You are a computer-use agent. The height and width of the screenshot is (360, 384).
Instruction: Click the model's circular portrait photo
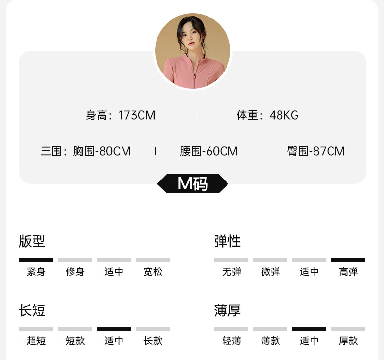click(192, 51)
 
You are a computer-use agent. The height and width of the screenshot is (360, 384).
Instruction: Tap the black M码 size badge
click(192, 183)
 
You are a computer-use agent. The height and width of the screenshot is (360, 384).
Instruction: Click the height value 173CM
click(137, 115)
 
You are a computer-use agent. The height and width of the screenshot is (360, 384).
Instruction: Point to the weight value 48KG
click(284, 115)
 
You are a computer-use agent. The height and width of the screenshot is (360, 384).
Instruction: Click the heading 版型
click(32, 241)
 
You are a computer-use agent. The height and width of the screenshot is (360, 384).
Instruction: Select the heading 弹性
click(227, 241)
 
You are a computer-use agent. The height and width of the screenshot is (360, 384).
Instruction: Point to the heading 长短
click(32, 310)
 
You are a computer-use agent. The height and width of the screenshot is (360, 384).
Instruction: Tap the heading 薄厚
click(227, 310)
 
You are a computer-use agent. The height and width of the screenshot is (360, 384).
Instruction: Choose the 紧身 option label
click(36, 272)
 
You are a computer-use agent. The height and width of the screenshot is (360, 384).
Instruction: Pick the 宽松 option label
click(153, 272)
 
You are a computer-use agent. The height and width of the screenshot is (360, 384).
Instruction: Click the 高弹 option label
click(348, 272)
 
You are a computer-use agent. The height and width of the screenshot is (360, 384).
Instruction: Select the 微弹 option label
click(270, 272)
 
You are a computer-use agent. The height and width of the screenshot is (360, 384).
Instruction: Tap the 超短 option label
click(36, 341)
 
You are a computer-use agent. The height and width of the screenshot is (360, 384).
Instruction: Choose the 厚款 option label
click(348, 341)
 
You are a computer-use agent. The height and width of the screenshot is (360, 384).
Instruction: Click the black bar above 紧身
click(36, 260)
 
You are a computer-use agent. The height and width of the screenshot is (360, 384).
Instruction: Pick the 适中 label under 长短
click(114, 341)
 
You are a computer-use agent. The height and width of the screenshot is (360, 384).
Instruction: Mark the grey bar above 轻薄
click(231, 329)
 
